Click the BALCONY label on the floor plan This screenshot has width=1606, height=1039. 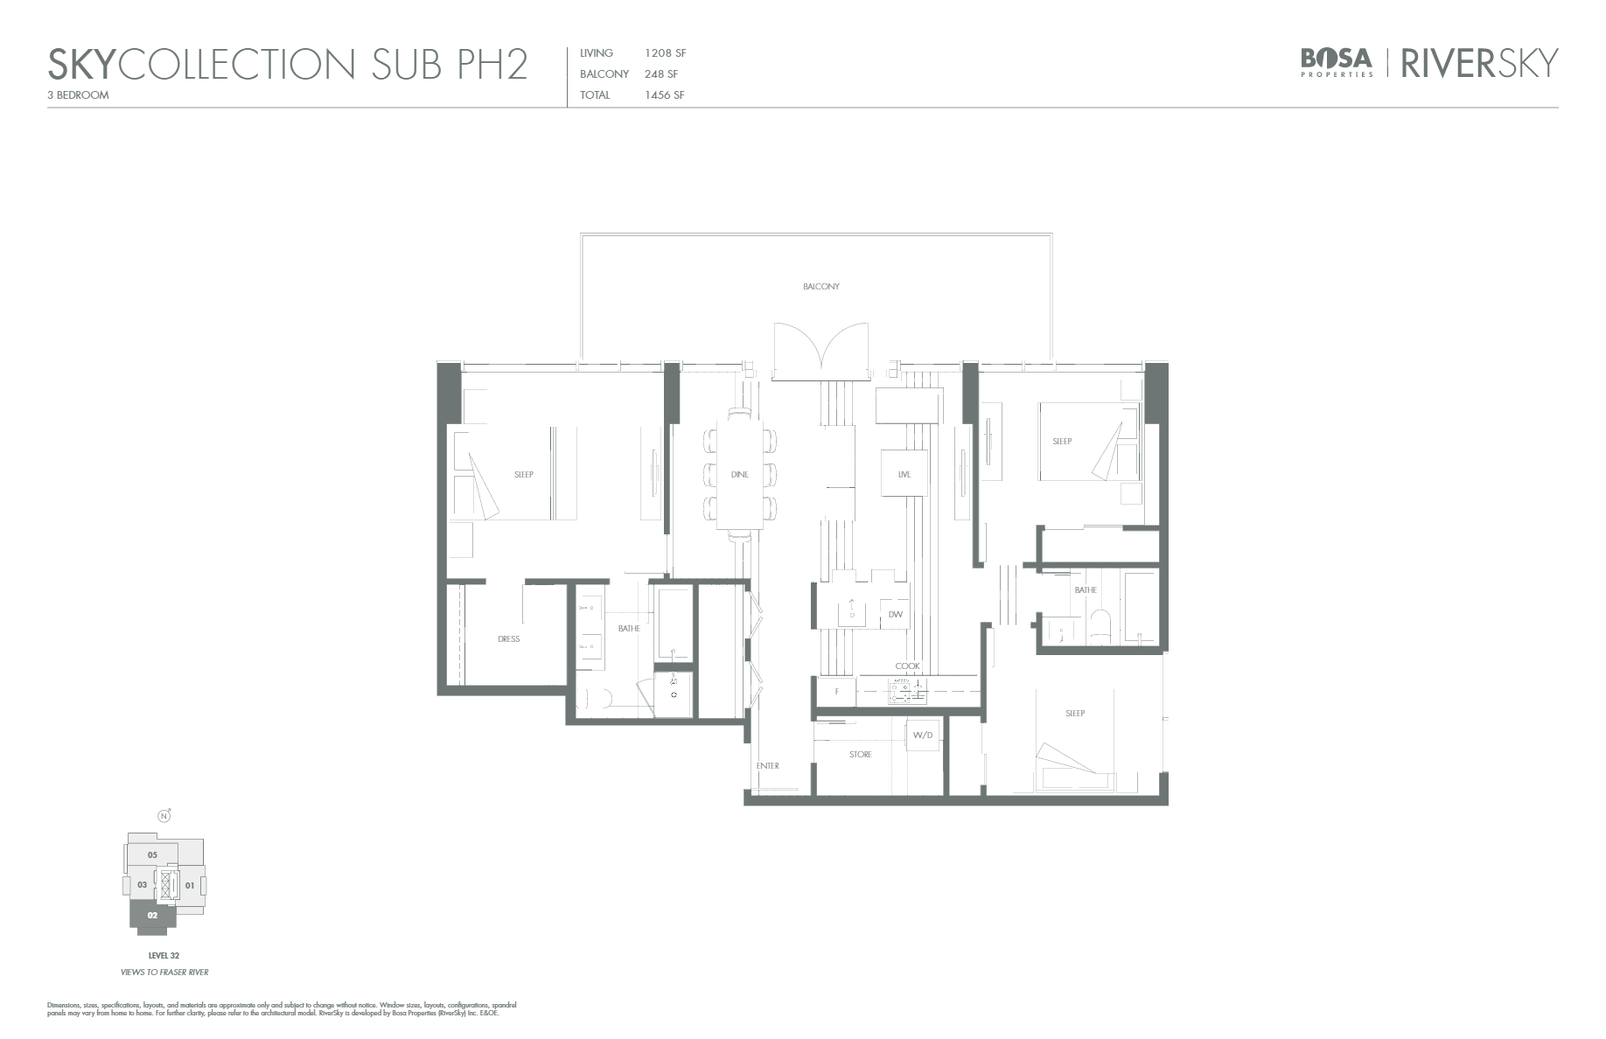[x=820, y=287]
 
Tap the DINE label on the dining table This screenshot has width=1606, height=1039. [x=739, y=475]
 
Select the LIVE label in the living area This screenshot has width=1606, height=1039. [x=904, y=475]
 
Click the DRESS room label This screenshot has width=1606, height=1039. [x=508, y=639]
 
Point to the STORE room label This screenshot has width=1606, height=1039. [x=860, y=755]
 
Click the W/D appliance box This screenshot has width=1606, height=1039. [x=923, y=736]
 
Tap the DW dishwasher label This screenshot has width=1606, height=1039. [x=895, y=615]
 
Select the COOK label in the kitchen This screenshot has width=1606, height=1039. [x=907, y=666]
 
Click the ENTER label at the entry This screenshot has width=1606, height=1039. [x=767, y=766]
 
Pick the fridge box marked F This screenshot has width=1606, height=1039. [x=836, y=692]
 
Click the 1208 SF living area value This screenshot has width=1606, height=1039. [x=665, y=53]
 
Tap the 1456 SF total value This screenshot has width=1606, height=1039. [x=664, y=95]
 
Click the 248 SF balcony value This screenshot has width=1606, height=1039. [x=660, y=74]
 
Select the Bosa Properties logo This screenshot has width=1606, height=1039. [x=1336, y=62]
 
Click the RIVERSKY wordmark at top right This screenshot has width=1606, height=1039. [x=1479, y=63]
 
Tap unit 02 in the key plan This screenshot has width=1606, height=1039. [x=152, y=916]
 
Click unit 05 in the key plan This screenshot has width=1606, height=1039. [x=152, y=854]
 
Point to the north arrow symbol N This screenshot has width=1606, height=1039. [x=164, y=817]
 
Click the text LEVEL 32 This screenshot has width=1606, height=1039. [x=164, y=956]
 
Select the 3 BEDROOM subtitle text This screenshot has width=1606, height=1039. [x=79, y=95]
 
